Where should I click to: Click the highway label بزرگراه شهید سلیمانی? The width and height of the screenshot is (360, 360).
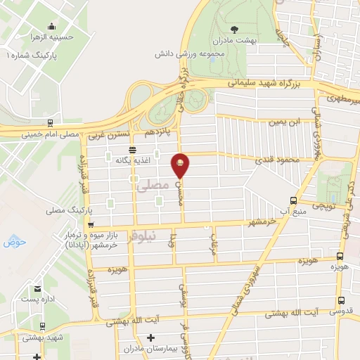pyautogui.click(x=268, y=84)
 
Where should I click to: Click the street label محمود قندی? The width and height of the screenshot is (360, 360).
pyautogui.click(x=279, y=160)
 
